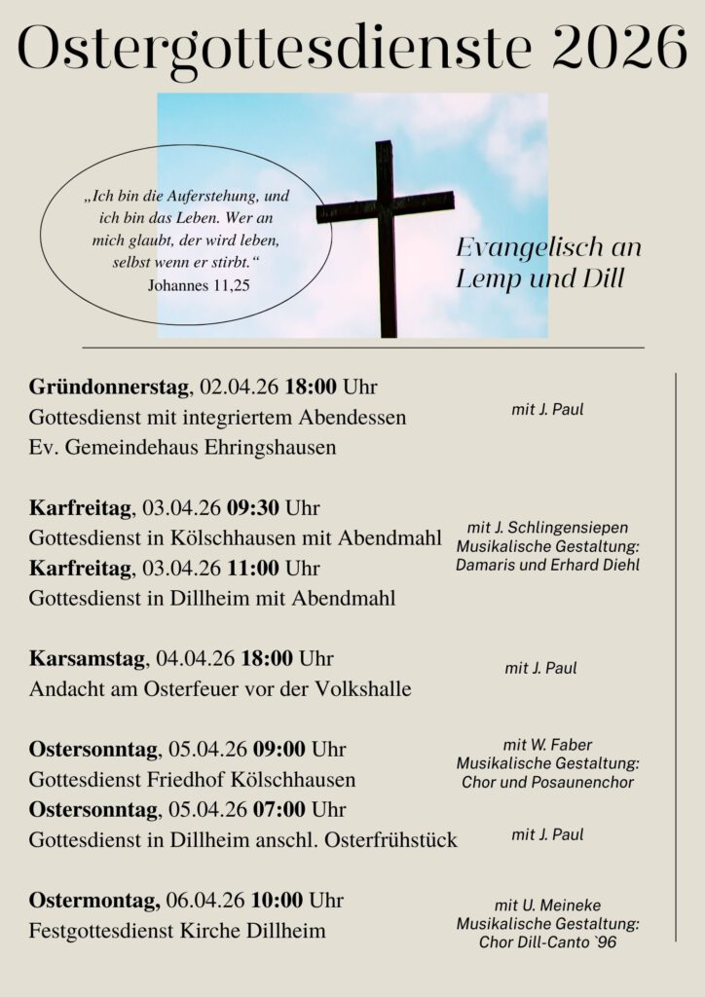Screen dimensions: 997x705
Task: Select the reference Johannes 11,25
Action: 199,286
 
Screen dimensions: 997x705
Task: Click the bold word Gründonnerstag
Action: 108,387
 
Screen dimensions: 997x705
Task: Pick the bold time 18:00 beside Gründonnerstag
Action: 311,387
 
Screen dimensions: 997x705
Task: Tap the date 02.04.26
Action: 240,387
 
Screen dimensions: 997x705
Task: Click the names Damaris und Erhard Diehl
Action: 547,565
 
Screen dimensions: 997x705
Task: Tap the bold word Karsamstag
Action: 87,659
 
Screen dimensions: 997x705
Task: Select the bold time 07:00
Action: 279,809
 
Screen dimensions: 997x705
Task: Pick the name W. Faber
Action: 562,745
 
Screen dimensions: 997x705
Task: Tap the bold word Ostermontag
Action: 89,900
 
